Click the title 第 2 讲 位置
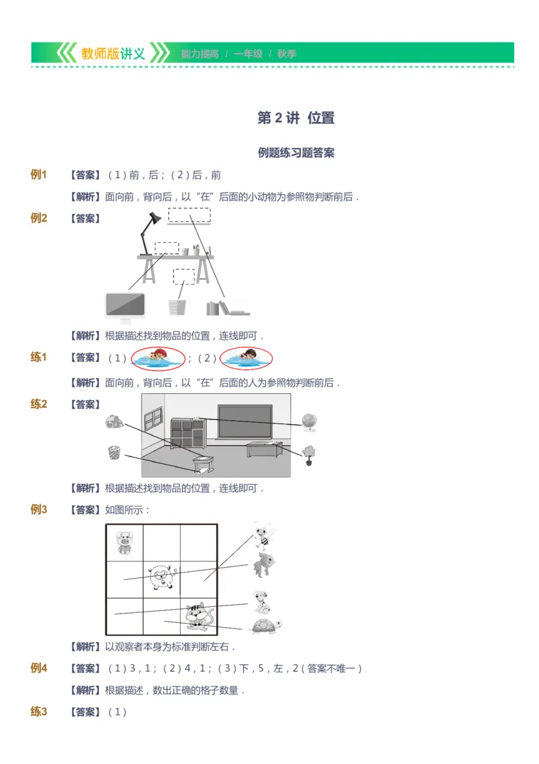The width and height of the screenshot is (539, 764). (x=296, y=118)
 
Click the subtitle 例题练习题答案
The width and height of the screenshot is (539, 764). (x=296, y=152)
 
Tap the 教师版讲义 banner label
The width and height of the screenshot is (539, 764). (x=113, y=54)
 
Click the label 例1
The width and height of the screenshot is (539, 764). (x=39, y=175)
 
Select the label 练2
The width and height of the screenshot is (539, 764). (x=39, y=405)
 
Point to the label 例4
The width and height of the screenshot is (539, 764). (x=39, y=668)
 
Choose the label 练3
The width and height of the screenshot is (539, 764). (x=39, y=711)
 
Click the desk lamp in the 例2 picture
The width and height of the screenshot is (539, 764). (x=150, y=232)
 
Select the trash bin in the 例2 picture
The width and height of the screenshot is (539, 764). (x=177, y=307)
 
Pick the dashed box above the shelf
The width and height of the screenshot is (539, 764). (x=189, y=215)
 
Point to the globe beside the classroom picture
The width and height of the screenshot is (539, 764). (x=309, y=422)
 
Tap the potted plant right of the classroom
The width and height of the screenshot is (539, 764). (x=309, y=455)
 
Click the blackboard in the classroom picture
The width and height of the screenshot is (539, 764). (x=245, y=422)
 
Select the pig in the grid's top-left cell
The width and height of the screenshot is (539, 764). (x=125, y=542)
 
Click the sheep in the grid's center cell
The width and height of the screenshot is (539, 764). (x=162, y=577)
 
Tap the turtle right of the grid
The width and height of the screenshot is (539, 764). (x=265, y=626)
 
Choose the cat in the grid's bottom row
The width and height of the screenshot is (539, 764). (x=198, y=615)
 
